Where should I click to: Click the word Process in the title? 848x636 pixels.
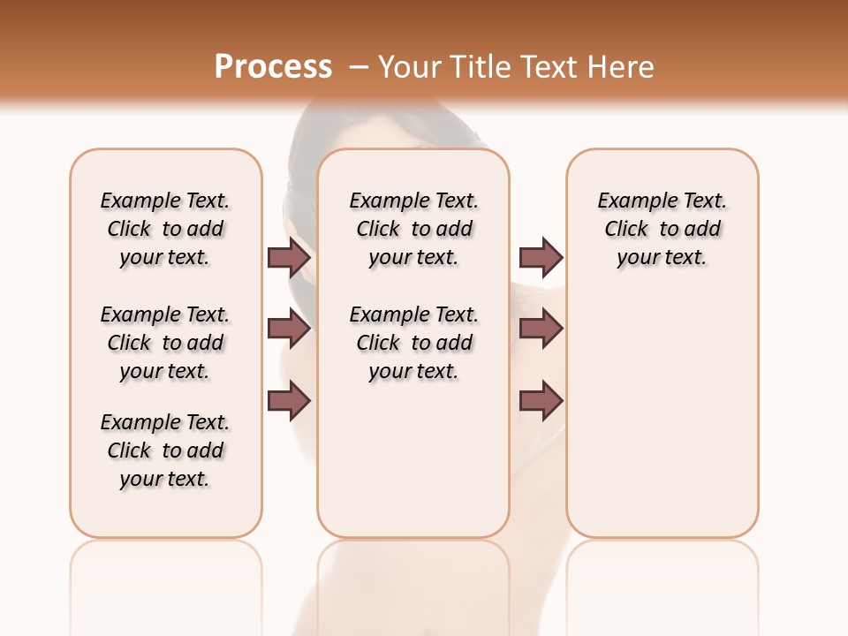[x=273, y=67]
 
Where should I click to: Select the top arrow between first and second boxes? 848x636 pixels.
[x=289, y=258]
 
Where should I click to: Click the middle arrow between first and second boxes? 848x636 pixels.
[x=289, y=329]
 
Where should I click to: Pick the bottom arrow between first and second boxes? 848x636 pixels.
[x=289, y=401]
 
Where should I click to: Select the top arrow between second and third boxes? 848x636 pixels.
[x=541, y=258]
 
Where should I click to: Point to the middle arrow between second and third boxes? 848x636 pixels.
[x=541, y=329]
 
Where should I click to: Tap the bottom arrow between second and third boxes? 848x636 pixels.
[x=541, y=401]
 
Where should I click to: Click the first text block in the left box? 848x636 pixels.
[x=165, y=229]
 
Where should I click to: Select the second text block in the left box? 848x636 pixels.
[x=165, y=343]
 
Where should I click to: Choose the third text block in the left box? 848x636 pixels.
[x=165, y=450]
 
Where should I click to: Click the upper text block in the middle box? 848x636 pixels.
[x=413, y=229]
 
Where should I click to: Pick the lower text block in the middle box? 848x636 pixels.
[x=413, y=343]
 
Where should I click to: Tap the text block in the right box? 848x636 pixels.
[x=662, y=229]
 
